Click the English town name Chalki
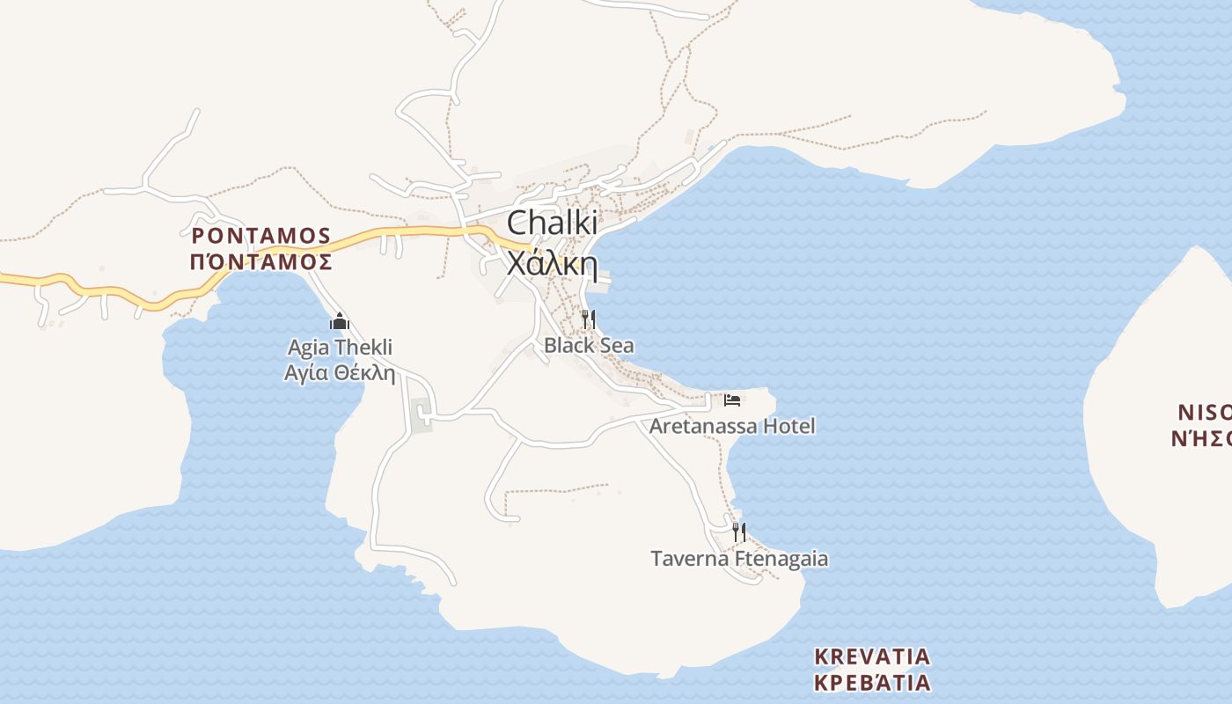tap(552, 222)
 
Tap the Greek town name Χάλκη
tap(552, 263)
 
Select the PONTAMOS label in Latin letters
tap(260, 236)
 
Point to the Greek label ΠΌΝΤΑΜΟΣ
tap(260, 261)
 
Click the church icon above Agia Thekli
tap(340, 321)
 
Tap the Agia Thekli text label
tap(340, 348)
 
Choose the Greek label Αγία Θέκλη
tap(340, 372)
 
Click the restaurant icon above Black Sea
tap(589, 319)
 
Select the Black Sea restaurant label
tap(589, 345)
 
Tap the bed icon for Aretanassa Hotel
tap(732, 400)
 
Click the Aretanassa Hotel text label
tap(732, 427)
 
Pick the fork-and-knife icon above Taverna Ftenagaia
tap(739, 532)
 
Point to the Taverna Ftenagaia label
tap(739, 559)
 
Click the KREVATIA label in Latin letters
tap(872, 656)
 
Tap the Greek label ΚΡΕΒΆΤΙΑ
tap(872, 683)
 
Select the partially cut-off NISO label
tap(1203, 412)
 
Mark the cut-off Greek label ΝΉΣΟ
tap(1200, 437)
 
